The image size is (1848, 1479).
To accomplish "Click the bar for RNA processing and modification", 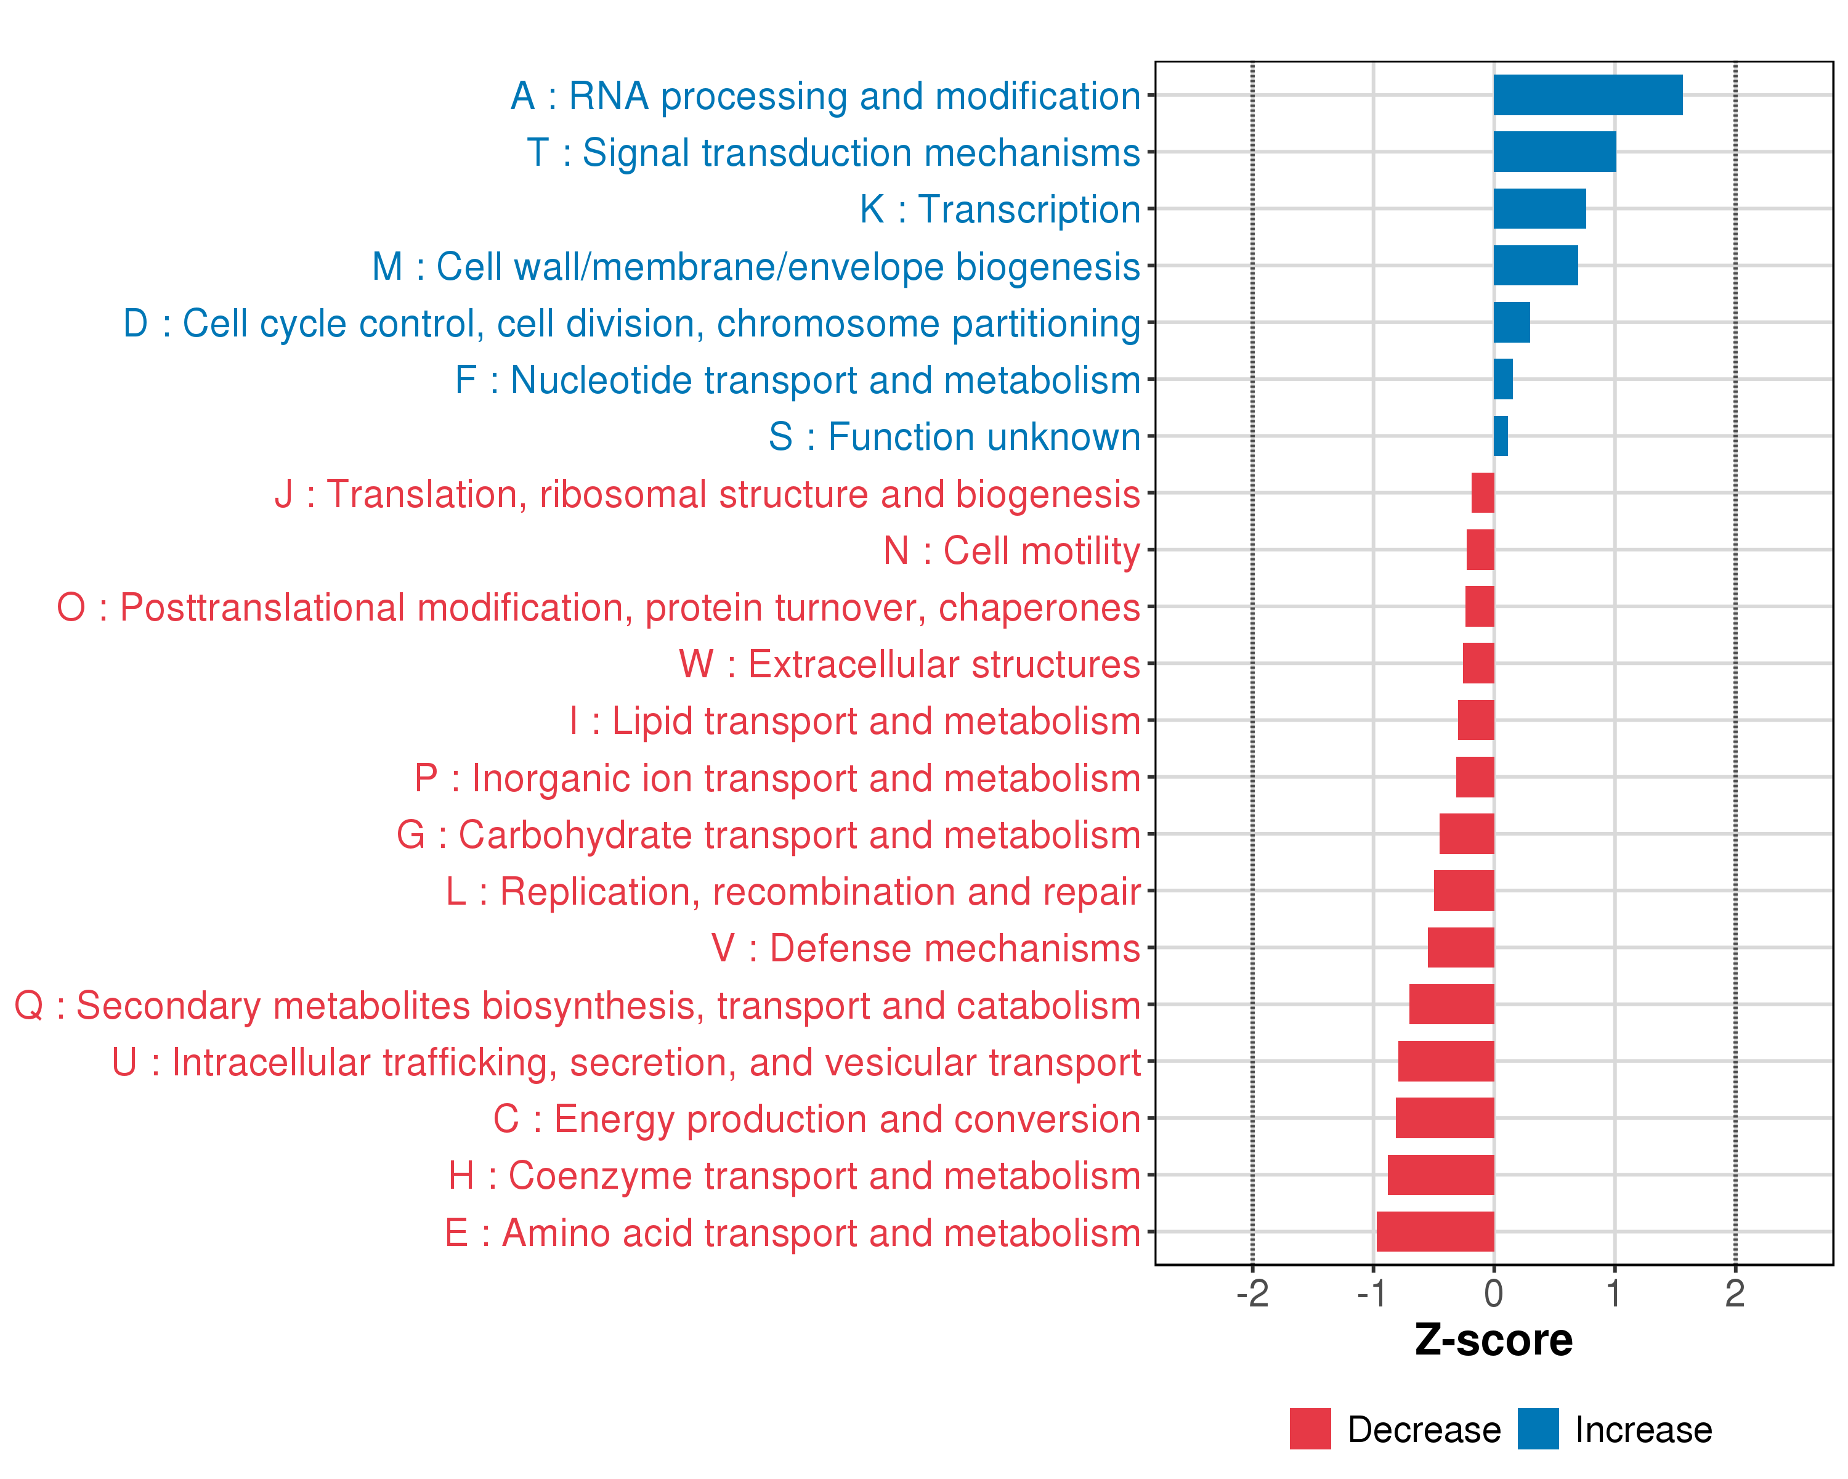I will tap(1587, 95).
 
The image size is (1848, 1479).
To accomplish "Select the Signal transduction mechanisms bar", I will tap(1554, 152).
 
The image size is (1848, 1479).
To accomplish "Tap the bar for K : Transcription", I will tap(1539, 208).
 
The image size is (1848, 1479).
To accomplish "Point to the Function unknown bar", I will tap(1501, 436).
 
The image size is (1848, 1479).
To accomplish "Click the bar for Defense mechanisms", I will tap(1461, 947).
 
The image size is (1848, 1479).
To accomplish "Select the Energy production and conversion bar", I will tap(1445, 1118).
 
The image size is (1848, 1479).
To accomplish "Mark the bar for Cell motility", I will tap(1480, 550).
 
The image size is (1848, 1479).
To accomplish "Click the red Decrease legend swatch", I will tap(1310, 1428).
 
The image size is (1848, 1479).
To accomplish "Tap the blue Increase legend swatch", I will tap(1538, 1428).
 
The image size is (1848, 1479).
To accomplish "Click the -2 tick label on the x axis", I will tap(1252, 1294).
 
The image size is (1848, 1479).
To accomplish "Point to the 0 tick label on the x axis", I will tap(1494, 1294).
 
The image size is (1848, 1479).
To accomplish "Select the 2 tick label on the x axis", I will tap(1735, 1294).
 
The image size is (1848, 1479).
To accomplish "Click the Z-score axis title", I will tap(1494, 1340).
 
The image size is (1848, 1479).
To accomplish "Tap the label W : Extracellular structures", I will tap(909, 664).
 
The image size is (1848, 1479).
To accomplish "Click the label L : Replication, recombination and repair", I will tap(793, 892).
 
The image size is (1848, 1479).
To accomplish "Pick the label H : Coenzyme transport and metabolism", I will tap(795, 1175).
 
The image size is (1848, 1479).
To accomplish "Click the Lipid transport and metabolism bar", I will tap(1476, 720).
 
